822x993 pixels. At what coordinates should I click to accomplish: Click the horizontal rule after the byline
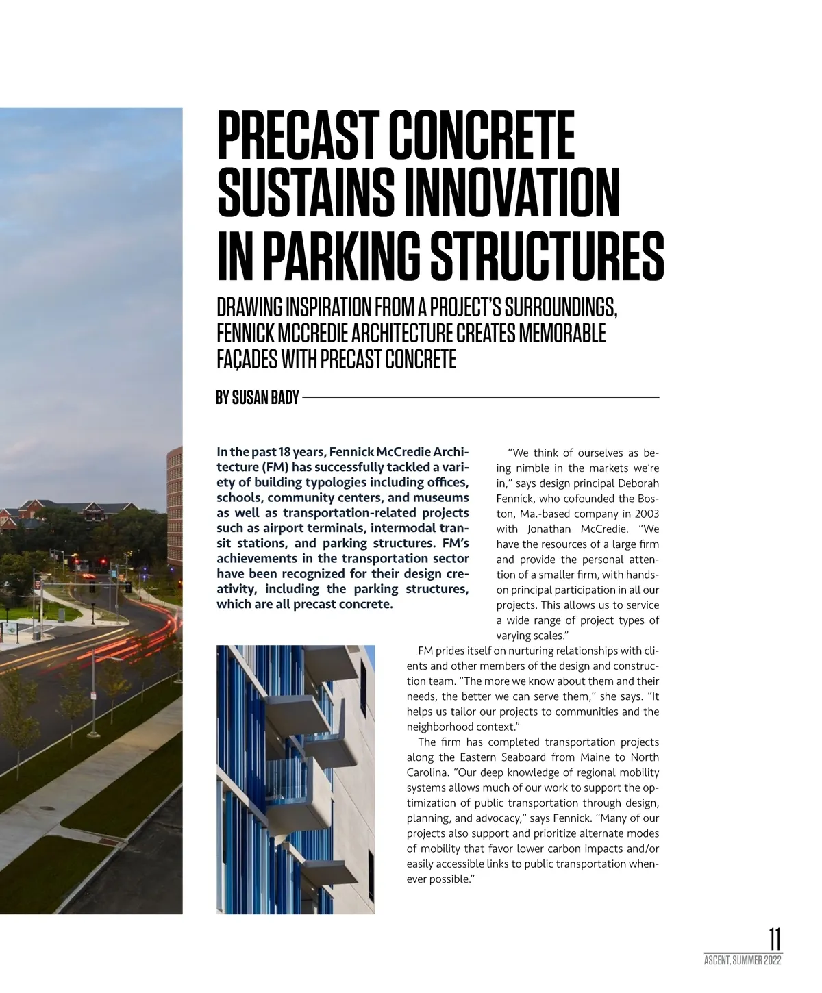coord(480,397)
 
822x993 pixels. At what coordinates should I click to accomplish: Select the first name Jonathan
coord(551,529)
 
